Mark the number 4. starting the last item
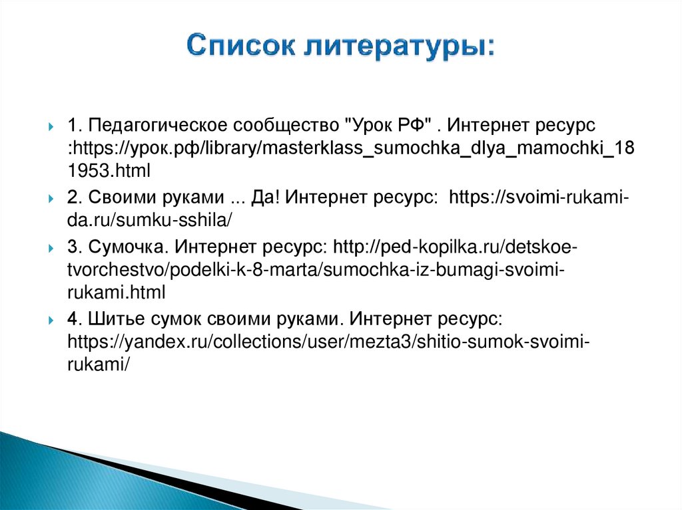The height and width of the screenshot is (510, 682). [74, 320]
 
